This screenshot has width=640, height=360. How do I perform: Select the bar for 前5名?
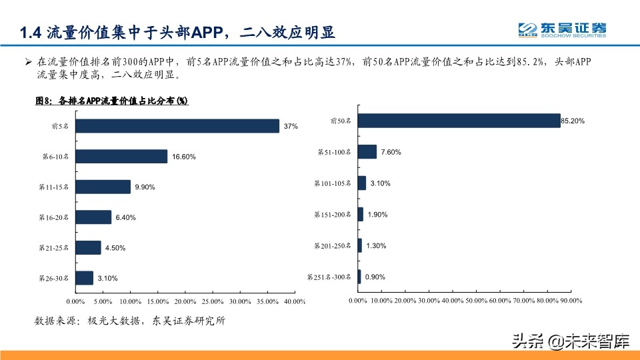[x=177, y=126]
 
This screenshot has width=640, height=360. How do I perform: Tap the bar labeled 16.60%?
[x=121, y=157]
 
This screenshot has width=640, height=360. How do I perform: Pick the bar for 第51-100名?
[x=367, y=152]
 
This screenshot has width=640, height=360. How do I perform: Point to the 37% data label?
[x=291, y=126]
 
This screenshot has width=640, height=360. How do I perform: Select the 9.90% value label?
[x=145, y=187]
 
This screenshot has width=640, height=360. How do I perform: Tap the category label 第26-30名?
[x=55, y=279]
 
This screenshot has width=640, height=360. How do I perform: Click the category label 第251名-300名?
[x=329, y=277]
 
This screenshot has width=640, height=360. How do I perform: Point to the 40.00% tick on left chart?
[x=294, y=302]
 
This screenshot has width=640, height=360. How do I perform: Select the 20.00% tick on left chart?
[x=185, y=302]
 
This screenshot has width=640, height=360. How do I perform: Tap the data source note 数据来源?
[x=130, y=321]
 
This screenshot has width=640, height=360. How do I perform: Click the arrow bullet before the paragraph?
[x=28, y=62]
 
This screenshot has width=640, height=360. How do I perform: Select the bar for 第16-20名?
[x=93, y=217]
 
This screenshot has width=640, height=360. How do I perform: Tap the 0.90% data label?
[x=375, y=277]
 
